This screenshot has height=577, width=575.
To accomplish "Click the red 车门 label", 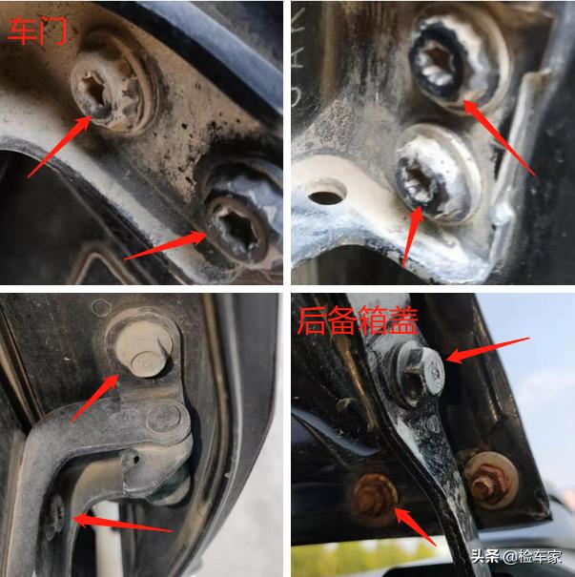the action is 37,31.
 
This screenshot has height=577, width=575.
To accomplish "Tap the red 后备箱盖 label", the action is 358,320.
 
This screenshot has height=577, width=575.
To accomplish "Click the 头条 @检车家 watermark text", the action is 516,557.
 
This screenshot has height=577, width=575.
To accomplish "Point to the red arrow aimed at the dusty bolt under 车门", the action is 59,147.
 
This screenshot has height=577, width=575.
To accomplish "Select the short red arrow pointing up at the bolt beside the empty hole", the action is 413,237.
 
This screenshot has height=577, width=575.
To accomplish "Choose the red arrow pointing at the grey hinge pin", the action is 94,398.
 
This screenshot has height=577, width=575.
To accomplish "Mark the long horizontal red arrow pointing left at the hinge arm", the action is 123,524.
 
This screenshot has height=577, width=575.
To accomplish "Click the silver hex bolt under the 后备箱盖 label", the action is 419,374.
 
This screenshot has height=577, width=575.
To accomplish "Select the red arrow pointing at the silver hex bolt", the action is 487,350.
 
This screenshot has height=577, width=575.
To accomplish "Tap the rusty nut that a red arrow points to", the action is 374,500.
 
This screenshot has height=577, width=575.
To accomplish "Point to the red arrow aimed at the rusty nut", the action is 416,526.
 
